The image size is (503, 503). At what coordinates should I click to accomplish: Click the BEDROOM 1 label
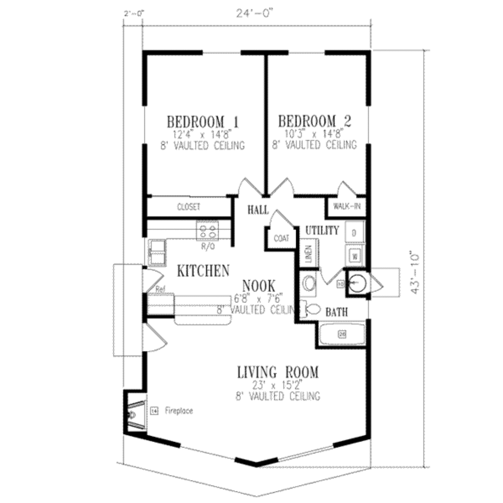(203, 121)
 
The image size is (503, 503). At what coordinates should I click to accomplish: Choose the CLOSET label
(189, 207)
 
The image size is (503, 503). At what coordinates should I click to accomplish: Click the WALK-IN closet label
(347, 206)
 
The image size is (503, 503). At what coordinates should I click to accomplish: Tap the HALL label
(258, 210)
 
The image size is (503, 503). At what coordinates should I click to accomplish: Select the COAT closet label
(281, 239)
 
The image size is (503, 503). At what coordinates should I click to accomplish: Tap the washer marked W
(355, 255)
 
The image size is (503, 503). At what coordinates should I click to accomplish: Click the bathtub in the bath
(342, 334)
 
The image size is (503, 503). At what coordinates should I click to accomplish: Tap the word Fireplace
(179, 410)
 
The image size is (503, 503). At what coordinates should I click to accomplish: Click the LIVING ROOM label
(278, 372)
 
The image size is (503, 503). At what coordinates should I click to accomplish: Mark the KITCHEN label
(203, 270)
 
